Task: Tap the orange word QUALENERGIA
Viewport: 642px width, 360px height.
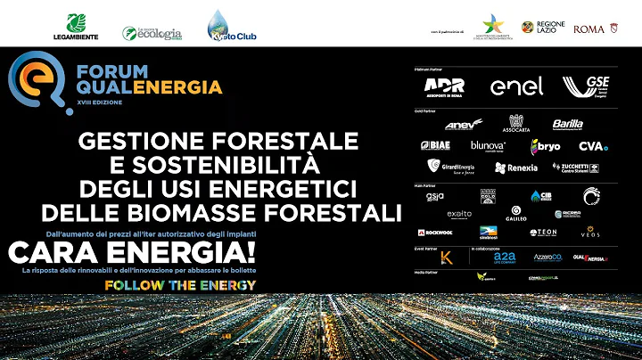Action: pyautogui.click(x=149, y=87)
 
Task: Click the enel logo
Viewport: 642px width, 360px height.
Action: pyautogui.click(x=516, y=86)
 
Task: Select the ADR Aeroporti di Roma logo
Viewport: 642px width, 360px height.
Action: pyautogui.click(x=443, y=86)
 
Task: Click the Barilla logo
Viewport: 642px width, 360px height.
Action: pyautogui.click(x=567, y=125)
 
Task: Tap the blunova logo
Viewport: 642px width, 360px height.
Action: pyautogui.click(x=488, y=145)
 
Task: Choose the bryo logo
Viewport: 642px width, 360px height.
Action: pyautogui.click(x=546, y=146)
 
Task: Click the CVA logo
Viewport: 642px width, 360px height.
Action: pyautogui.click(x=593, y=146)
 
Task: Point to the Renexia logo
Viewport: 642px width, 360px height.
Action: pyautogui.click(x=516, y=167)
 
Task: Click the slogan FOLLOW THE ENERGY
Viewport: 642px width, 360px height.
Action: pyautogui.click(x=180, y=284)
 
